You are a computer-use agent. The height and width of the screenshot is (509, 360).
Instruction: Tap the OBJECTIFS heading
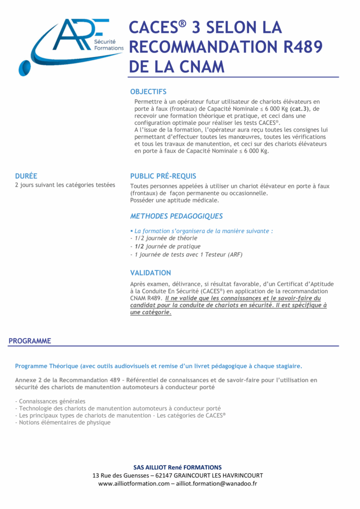(148, 91)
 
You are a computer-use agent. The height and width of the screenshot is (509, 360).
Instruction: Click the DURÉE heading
(26, 175)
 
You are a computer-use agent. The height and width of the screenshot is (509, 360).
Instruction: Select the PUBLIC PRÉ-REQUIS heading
(163, 176)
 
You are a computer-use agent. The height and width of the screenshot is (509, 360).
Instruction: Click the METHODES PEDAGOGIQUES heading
(176, 216)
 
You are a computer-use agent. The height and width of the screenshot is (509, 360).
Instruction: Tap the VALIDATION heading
(150, 273)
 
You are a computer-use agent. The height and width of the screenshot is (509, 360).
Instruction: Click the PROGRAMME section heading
(30, 341)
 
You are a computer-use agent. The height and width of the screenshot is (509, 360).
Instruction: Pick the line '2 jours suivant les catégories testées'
(65, 185)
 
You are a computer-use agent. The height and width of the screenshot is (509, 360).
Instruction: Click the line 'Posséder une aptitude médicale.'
(175, 200)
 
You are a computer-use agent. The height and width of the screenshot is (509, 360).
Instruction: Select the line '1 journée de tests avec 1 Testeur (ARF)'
(186, 254)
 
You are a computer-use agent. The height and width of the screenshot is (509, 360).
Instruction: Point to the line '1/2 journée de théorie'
(164, 238)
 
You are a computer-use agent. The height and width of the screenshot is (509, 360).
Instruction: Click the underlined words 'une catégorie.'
(151, 313)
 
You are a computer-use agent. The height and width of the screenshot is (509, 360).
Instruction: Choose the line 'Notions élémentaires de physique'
(63, 423)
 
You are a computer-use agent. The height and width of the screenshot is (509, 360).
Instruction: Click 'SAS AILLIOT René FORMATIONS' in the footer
(178, 467)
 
